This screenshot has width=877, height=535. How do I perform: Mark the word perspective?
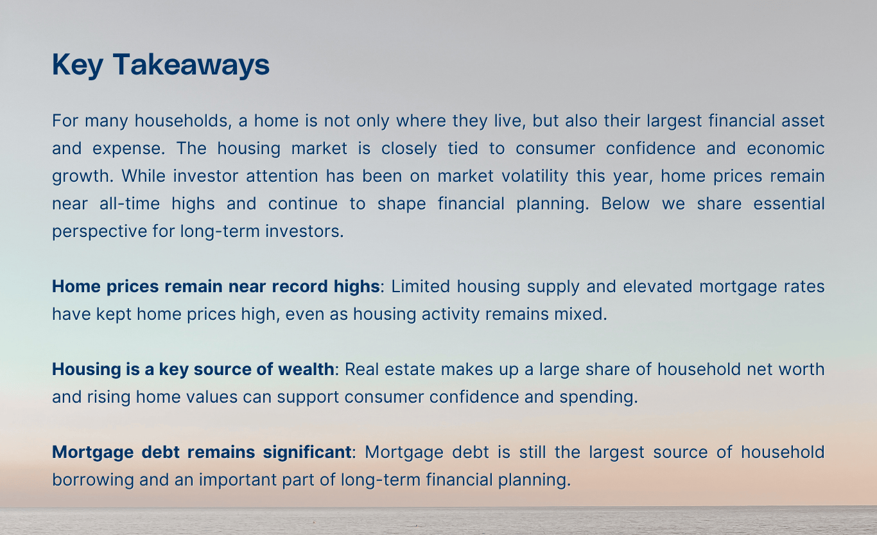[x=94, y=231]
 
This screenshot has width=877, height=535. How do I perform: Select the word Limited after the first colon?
[x=418, y=286]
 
